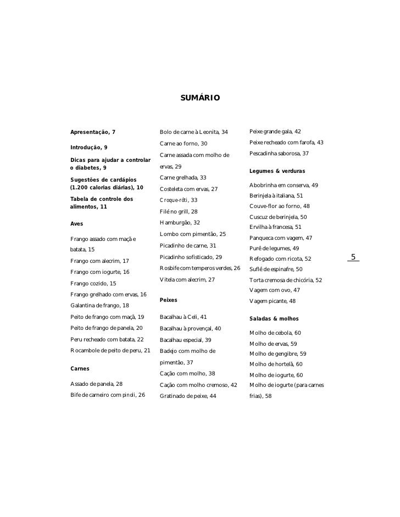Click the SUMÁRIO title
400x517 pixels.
[200, 98]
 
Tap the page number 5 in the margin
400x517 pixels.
[353, 257]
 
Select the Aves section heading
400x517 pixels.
[77, 223]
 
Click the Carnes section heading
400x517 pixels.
[80, 368]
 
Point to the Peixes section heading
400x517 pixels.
[169, 300]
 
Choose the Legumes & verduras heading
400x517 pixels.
[277, 171]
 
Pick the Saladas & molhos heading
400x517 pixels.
[274, 318]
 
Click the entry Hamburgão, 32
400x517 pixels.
[180, 222]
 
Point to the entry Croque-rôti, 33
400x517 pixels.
[179, 200]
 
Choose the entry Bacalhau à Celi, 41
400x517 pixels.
[184, 317]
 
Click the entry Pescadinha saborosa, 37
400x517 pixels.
[279, 153]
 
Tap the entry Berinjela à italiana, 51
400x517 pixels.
[276, 195]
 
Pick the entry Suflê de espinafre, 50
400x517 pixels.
[276, 269]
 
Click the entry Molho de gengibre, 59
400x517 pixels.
[277, 353]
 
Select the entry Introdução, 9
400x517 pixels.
[88, 147]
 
